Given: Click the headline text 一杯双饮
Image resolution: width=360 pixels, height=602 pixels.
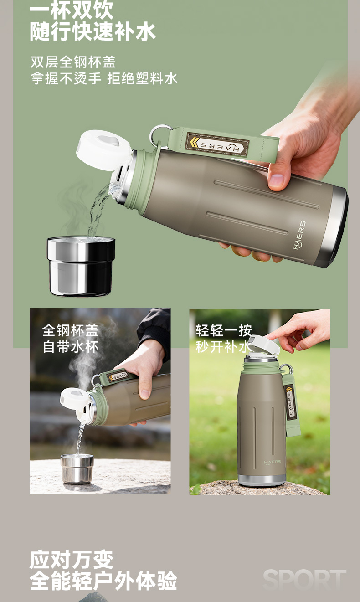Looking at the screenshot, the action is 71,10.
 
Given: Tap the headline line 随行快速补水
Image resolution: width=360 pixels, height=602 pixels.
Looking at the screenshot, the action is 93,32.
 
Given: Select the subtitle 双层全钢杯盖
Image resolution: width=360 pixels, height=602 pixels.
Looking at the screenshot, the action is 73,62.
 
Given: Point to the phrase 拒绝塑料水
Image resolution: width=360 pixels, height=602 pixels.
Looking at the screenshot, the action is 142,79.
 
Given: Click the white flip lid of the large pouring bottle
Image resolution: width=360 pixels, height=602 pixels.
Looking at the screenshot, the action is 103,149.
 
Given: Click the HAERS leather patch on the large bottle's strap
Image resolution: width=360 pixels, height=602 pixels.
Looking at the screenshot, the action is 218,144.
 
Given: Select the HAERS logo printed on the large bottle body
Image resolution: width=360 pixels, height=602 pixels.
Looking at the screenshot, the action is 299,235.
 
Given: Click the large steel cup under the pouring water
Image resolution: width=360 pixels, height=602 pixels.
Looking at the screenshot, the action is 81,266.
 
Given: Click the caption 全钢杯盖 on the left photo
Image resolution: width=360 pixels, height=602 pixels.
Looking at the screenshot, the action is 70,330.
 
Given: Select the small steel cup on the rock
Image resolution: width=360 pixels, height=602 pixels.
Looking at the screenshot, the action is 77,468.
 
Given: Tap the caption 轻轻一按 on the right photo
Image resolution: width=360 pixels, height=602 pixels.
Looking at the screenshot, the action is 224,330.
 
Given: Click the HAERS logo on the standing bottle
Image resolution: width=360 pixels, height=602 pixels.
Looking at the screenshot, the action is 272,463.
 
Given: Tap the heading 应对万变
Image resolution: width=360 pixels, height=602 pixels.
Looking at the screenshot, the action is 72,560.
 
